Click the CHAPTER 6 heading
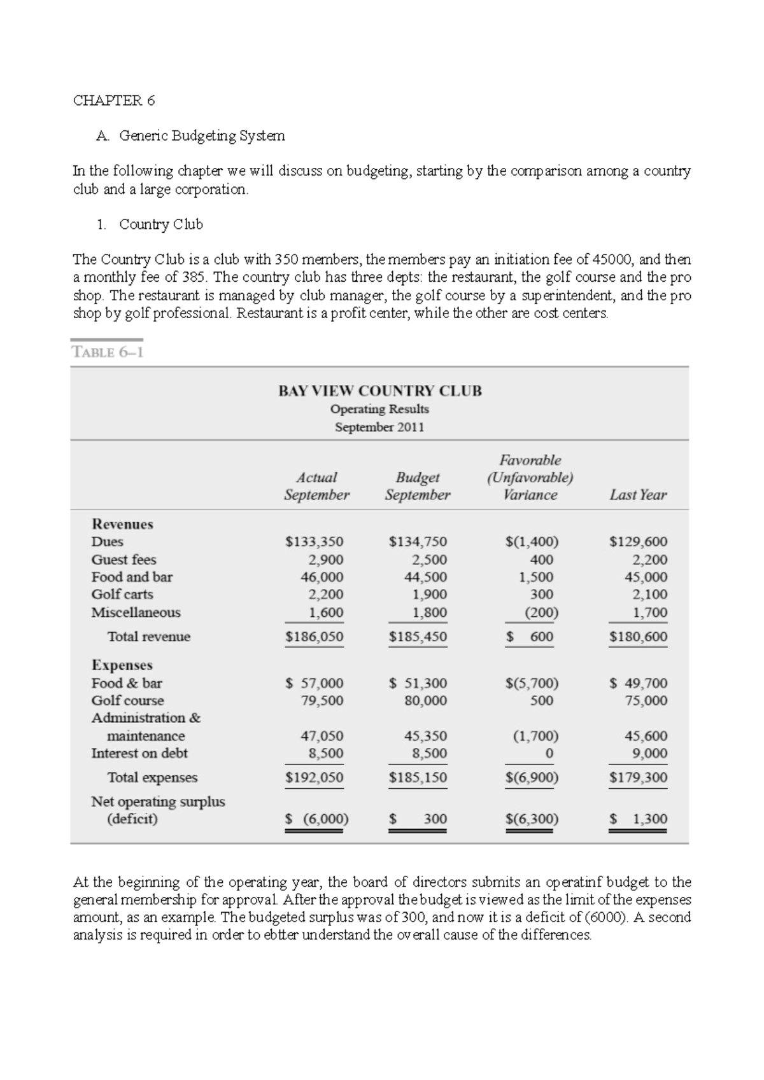pos(114,100)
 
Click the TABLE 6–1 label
pos(108,352)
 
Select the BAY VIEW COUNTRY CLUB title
pos(379,391)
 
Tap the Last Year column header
pos(637,495)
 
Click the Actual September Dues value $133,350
pos(314,542)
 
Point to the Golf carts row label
pos(122,594)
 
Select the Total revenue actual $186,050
pos(314,637)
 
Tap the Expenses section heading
pos(122,665)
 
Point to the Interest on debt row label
pos(139,753)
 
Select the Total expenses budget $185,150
pos(418,777)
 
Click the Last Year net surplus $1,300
pos(639,819)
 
